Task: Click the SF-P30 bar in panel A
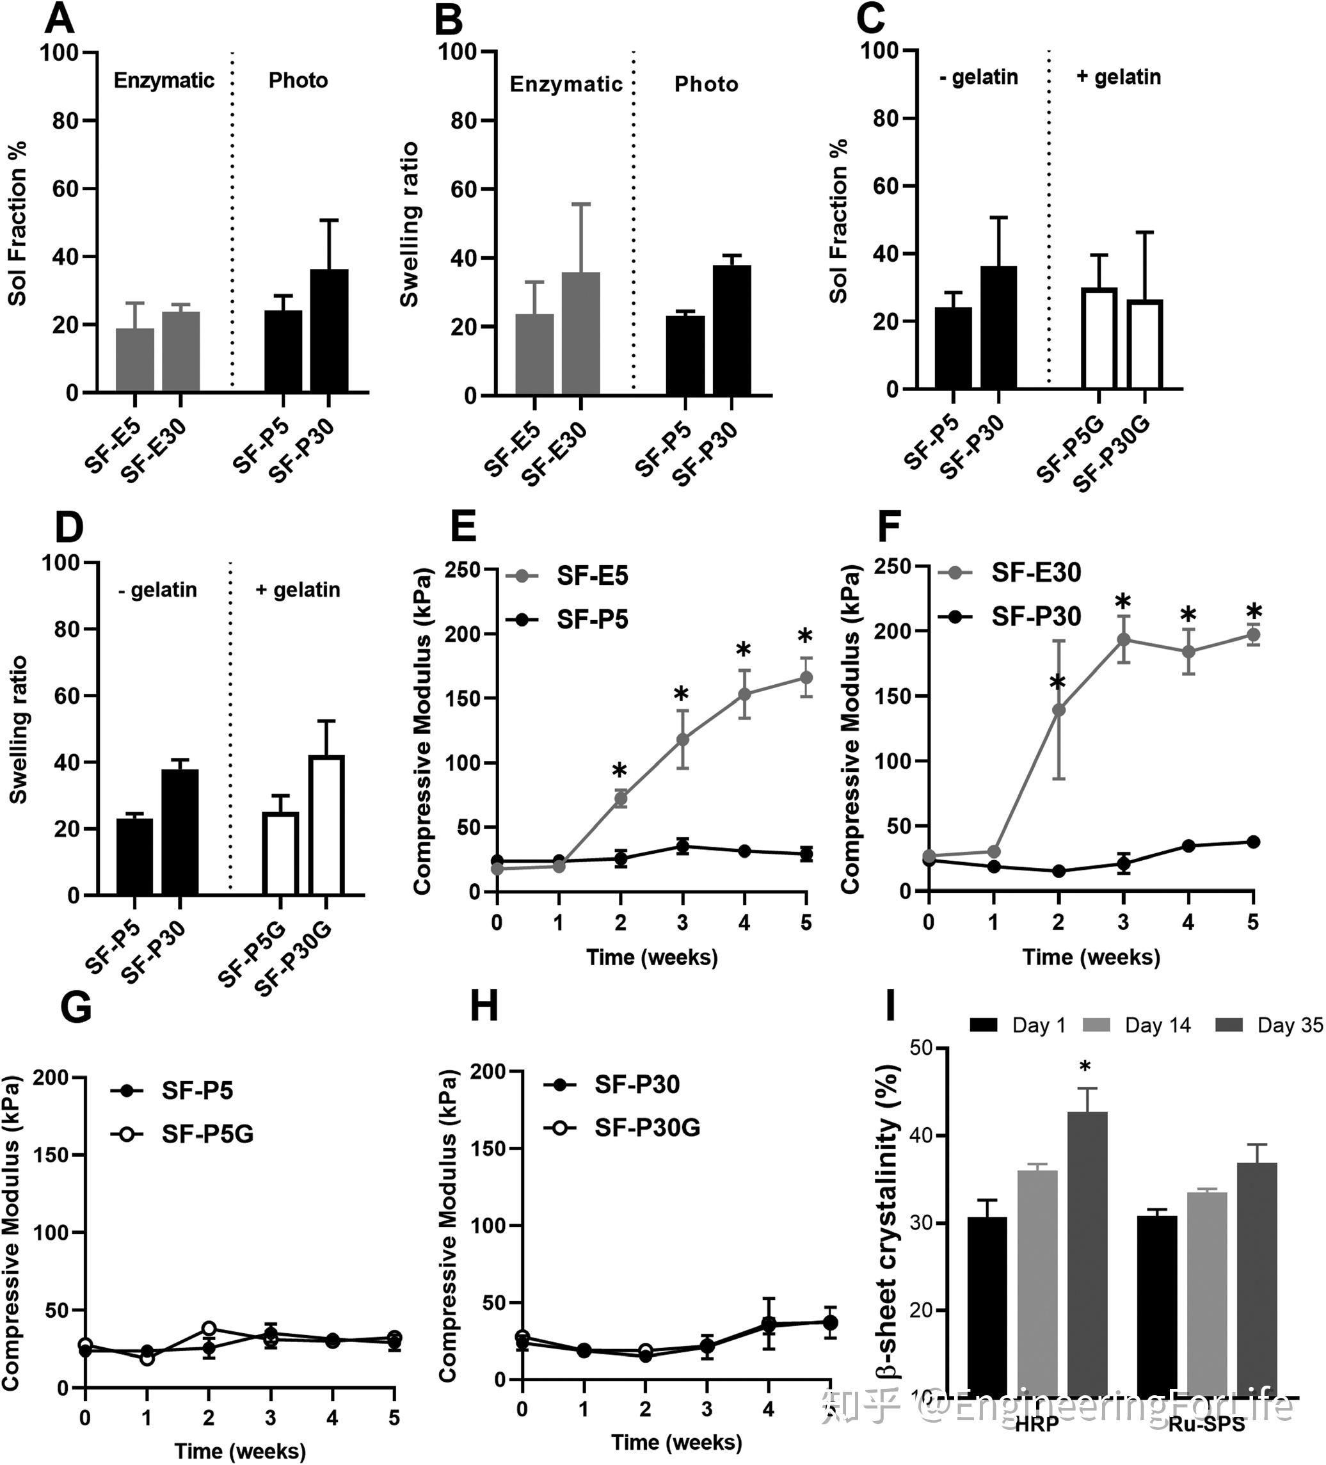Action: coord(328,331)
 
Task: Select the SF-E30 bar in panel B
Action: coord(580,334)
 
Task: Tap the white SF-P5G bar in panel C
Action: coord(1099,339)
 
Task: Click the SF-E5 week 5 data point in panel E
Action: coord(806,677)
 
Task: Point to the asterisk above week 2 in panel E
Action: coord(619,771)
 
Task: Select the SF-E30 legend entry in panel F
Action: coord(1010,573)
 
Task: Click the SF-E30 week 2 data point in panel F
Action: coord(1058,709)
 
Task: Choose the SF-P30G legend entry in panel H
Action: coord(622,1127)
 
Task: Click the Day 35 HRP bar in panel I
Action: coord(1087,1254)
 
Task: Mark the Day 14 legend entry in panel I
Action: coord(1137,1025)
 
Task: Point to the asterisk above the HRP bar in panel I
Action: coord(1085,1067)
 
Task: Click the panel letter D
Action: coord(69,527)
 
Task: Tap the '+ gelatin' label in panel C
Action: coord(1118,77)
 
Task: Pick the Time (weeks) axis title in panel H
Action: coord(676,1442)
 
